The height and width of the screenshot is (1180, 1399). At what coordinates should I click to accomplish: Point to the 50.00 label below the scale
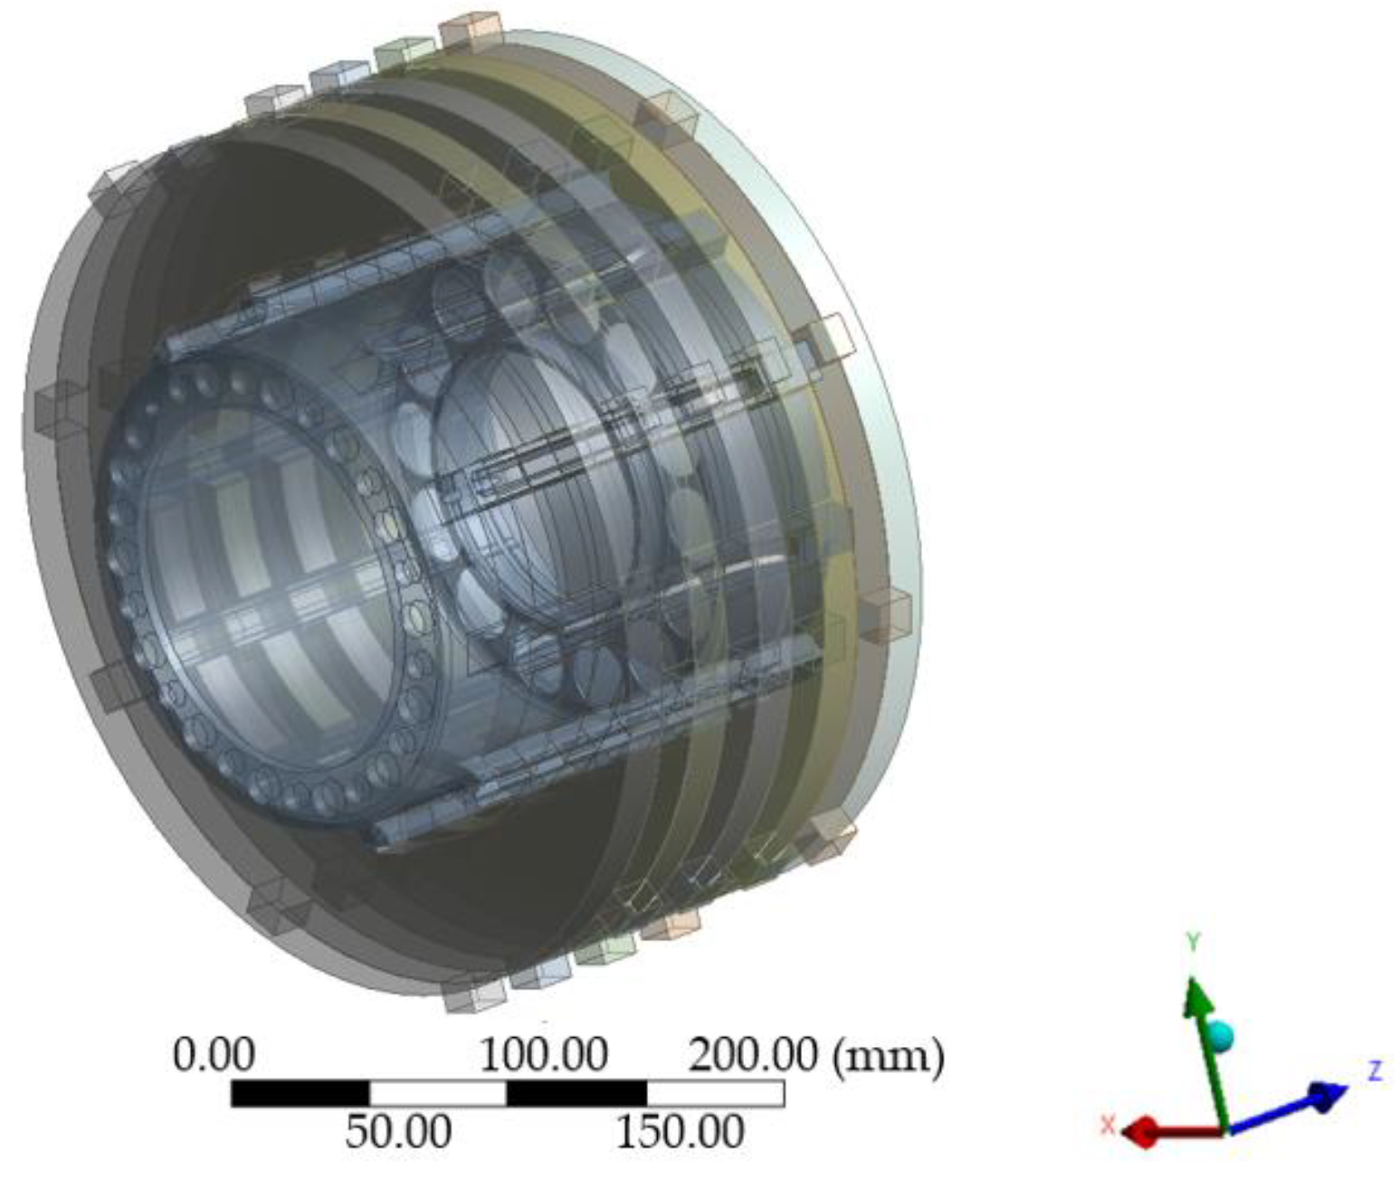point(398,1132)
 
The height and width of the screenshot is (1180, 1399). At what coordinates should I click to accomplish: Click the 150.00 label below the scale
point(680,1132)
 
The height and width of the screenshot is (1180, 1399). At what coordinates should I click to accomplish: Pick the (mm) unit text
point(889,1057)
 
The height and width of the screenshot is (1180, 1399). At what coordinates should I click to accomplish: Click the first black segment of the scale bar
point(300,1093)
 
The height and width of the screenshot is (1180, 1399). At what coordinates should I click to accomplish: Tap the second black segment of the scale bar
point(577,1093)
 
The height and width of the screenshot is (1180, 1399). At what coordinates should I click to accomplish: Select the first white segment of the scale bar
point(438,1093)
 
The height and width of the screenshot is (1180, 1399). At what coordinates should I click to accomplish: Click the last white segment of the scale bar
point(716,1093)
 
